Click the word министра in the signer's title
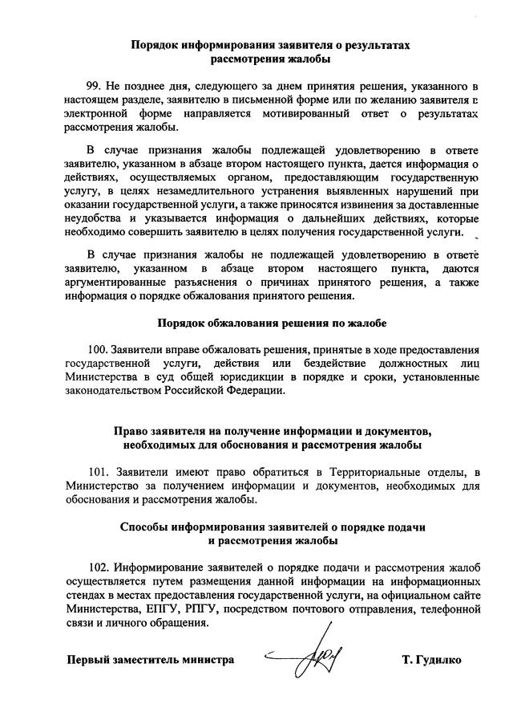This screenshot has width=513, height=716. coord(208,661)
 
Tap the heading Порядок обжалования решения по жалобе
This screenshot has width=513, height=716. coord(272,323)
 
